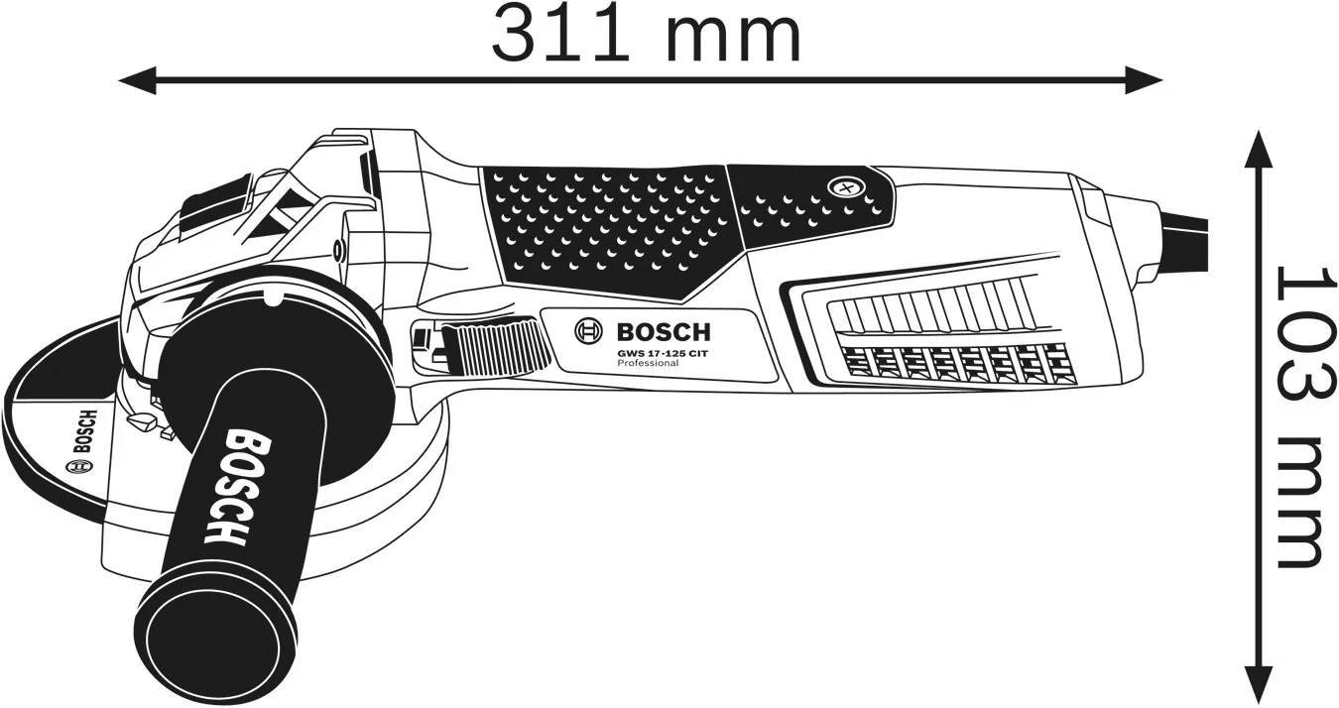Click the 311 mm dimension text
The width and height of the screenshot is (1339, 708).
point(646,35)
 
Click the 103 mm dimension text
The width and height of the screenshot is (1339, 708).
point(1298,417)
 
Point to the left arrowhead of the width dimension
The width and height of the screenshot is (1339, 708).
point(138,80)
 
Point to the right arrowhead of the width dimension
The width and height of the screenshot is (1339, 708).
point(1144,80)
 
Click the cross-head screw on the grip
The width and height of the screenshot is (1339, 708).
point(846,188)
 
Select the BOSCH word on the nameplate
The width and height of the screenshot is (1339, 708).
point(664,331)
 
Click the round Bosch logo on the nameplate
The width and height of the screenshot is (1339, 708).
point(589,331)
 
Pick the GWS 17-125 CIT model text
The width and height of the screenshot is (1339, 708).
point(663,353)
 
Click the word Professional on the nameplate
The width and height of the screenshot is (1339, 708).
point(648,363)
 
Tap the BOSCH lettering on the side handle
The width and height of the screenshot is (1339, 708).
point(237,488)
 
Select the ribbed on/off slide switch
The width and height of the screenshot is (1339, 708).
point(496,348)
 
